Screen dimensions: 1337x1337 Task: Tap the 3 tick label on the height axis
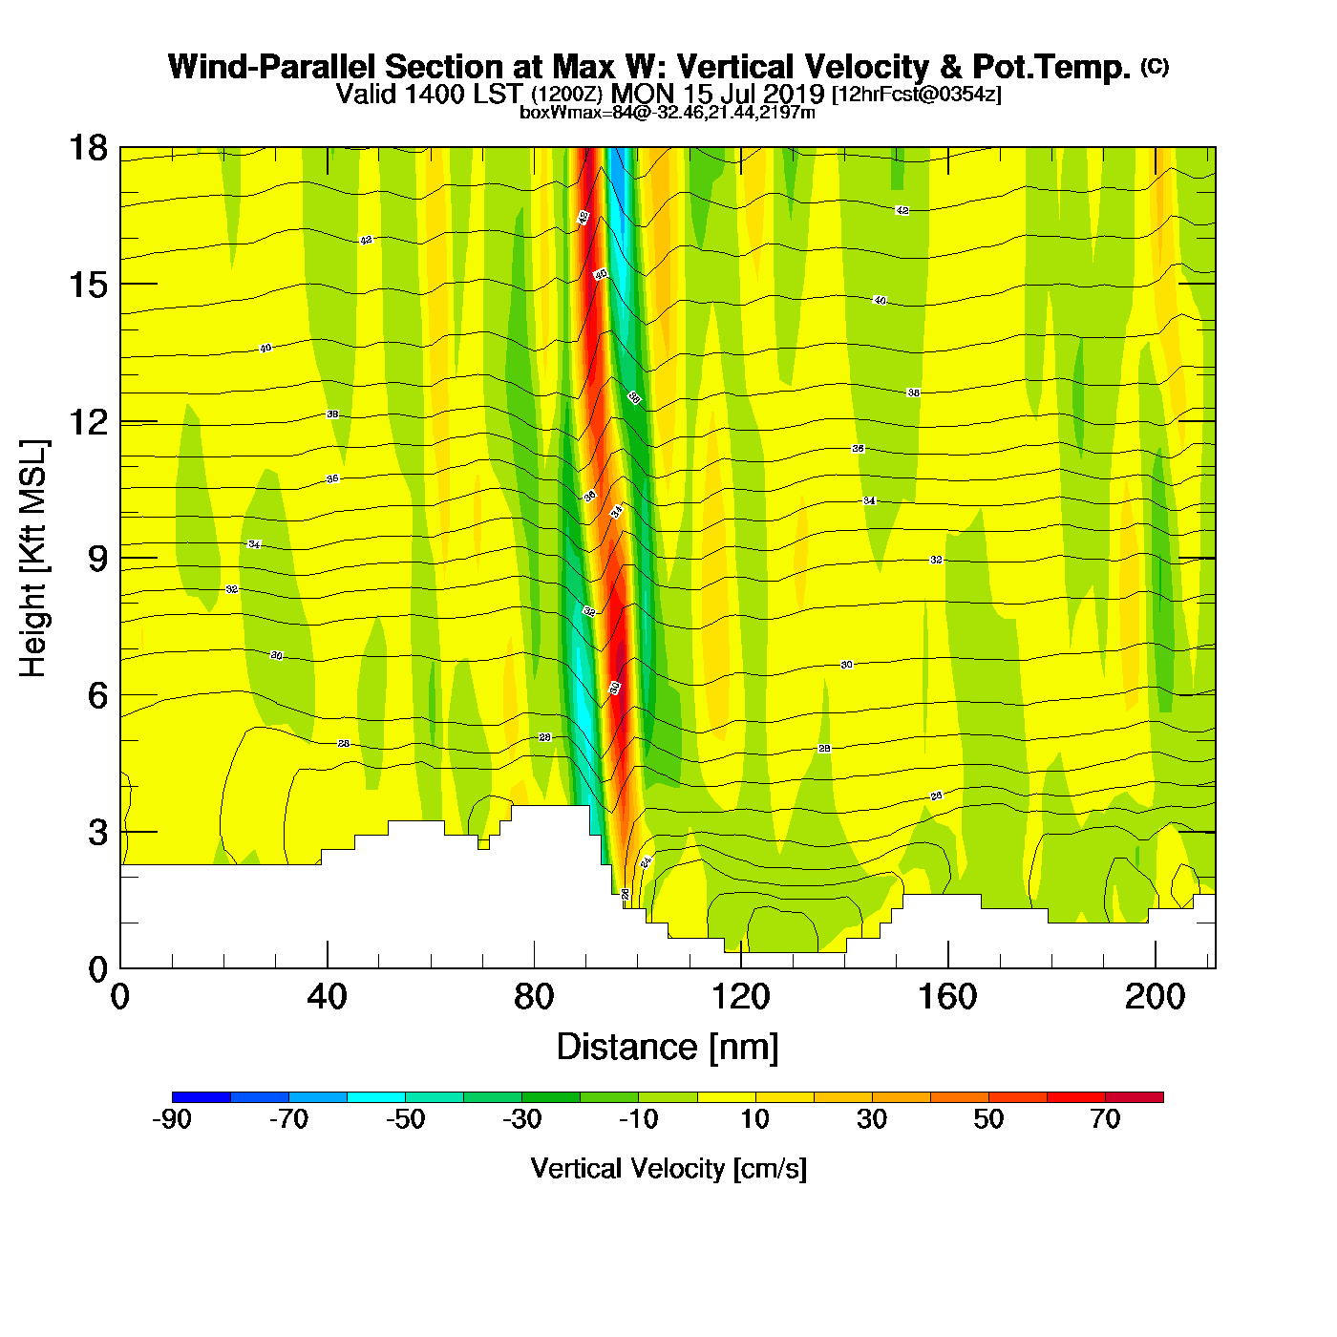tap(97, 832)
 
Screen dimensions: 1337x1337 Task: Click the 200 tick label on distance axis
tap(1155, 997)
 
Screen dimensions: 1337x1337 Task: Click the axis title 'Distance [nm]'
tap(668, 1047)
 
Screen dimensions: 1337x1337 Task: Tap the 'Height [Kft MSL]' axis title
tap(32, 559)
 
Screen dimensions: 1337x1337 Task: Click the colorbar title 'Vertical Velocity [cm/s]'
tap(668, 1168)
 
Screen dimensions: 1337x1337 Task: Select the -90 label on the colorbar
tap(172, 1119)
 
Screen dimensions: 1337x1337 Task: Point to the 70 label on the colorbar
tap(1105, 1119)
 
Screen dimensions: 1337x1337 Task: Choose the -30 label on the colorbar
tap(521, 1119)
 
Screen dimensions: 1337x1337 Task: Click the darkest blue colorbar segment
tap(202, 1096)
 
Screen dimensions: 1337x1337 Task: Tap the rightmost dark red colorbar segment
tap(1135, 1096)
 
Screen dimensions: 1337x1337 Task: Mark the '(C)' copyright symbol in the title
tap(1155, 66)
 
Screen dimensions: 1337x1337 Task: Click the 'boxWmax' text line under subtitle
tap(668, 113)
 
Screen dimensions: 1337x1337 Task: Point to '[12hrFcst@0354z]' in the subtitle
tap(917, 95)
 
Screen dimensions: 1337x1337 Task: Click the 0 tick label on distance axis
tap(120, 997)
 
